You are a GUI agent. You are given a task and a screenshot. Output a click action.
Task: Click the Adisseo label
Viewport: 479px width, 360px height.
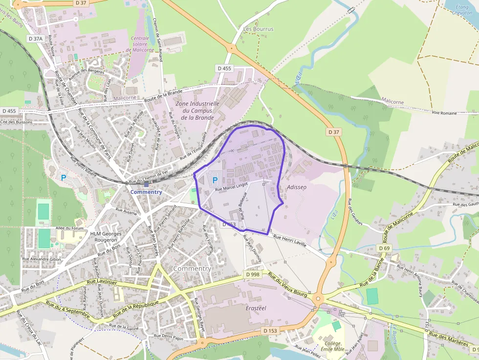click(x=297, y=187)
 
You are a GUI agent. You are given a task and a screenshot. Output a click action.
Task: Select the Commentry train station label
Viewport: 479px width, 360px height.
click(x=146, y=192)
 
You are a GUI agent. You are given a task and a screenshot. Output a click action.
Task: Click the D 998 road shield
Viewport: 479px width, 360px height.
click(x=253, y=275)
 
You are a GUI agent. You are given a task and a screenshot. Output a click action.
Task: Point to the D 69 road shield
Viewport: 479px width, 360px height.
click(x=384, y=249)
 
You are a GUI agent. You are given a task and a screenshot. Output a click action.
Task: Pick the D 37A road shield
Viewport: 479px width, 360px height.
click(x=36, y=38)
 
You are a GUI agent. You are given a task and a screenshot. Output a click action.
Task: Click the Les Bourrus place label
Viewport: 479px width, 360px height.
click(x=259, y=29)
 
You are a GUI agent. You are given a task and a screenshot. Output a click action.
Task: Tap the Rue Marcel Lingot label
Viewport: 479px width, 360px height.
click(x=232, y=186)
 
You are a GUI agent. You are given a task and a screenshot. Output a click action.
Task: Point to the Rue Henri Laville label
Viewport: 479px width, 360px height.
click(x=290, y=240)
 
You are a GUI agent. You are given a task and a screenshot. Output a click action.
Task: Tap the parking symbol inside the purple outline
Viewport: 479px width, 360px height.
click(x=215, y=180)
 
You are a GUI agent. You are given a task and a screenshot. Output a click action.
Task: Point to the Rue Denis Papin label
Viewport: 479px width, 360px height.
click(x=169, y=337)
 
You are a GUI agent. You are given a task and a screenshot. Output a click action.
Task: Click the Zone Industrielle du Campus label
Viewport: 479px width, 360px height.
click(x=197, y=110)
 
